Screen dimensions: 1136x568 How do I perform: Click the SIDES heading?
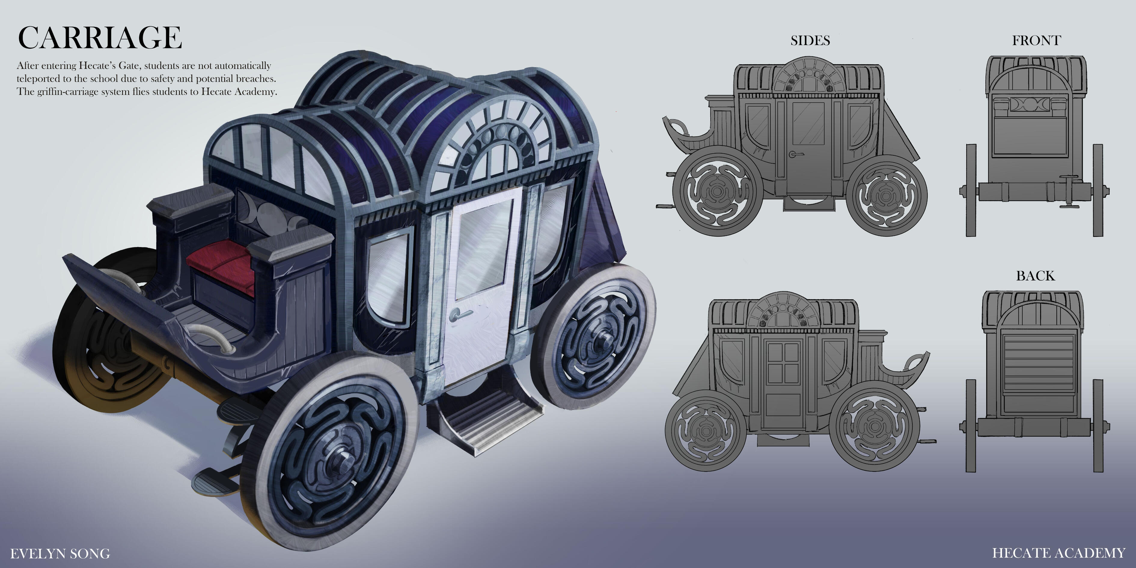click(x=810, y=41)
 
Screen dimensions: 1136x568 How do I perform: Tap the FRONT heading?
click(x=1036, y=41)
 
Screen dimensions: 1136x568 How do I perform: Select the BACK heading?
click(x=1035, y=276)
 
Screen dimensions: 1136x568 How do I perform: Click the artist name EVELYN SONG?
click(x=60, y=554)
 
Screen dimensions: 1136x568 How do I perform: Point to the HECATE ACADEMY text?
click(x=1059, y=553)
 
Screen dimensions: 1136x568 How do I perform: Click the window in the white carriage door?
click(x=483, y=247)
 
